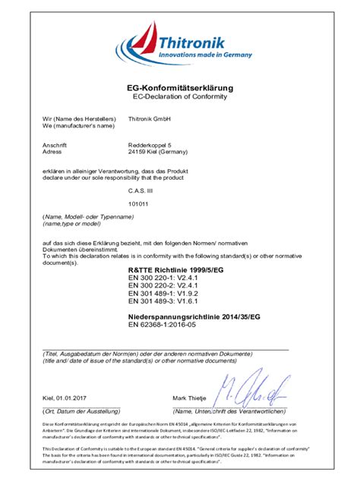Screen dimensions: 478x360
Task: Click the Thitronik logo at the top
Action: point(179,46)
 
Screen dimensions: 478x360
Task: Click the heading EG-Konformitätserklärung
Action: point(179,89)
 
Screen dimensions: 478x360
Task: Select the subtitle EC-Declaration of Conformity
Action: point(179,98)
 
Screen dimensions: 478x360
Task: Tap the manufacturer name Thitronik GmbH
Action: point(150,119)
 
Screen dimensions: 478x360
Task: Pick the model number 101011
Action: point(138,204)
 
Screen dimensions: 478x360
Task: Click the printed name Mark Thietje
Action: point(191,397)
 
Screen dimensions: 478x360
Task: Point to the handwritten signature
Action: point(251,389)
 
